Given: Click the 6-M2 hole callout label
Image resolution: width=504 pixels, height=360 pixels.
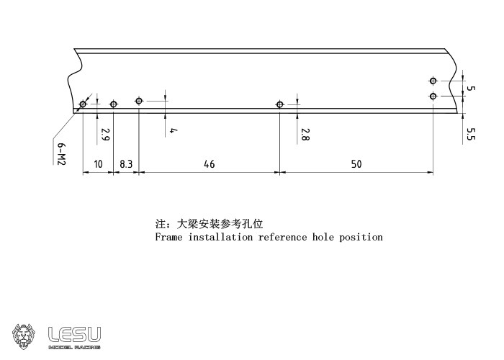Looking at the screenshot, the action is (62, 154).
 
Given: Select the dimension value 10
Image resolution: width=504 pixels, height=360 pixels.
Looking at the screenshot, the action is (98, 164).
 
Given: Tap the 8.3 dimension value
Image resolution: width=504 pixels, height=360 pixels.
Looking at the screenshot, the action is (126, 164).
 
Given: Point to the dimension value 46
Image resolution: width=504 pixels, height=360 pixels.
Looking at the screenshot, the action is (209, 164).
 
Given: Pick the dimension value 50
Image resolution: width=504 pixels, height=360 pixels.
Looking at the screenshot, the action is (356, 164).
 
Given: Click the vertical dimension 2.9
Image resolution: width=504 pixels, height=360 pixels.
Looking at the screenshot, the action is (105, 134).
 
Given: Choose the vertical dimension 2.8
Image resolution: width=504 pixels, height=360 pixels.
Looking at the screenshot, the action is (305, 134).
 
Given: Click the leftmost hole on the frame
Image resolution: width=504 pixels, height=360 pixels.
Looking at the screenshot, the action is (83, 104).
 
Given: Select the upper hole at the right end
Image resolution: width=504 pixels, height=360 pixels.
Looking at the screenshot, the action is (433, 81).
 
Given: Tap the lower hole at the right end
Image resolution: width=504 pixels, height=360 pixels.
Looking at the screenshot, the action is (433, 96).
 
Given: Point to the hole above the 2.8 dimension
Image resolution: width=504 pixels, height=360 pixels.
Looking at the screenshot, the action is (280, 104).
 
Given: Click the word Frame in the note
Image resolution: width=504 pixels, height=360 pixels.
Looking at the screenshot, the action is (168, 237).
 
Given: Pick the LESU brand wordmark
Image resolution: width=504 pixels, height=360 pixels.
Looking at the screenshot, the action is (74, 334).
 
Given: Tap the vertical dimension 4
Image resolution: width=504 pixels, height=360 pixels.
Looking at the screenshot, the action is (174, 130).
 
